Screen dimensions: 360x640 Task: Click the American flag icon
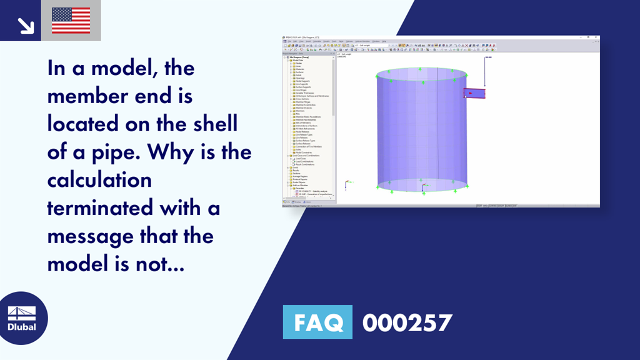coord(71,20)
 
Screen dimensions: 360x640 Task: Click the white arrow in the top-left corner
coord(26,24)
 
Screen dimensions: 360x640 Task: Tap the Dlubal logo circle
coord(21,317)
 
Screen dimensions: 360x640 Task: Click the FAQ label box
coord(317,322)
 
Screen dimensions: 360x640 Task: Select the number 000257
coord(407,322)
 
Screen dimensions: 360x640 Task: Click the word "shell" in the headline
coord(212,124)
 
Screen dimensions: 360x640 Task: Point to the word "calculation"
coord(99,180)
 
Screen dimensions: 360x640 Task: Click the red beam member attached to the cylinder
coord(474,94)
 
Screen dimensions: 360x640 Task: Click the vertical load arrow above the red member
coord(484,72)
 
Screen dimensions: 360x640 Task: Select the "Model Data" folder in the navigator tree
coord(299,60)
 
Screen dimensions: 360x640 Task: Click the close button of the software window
coord(597,37)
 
